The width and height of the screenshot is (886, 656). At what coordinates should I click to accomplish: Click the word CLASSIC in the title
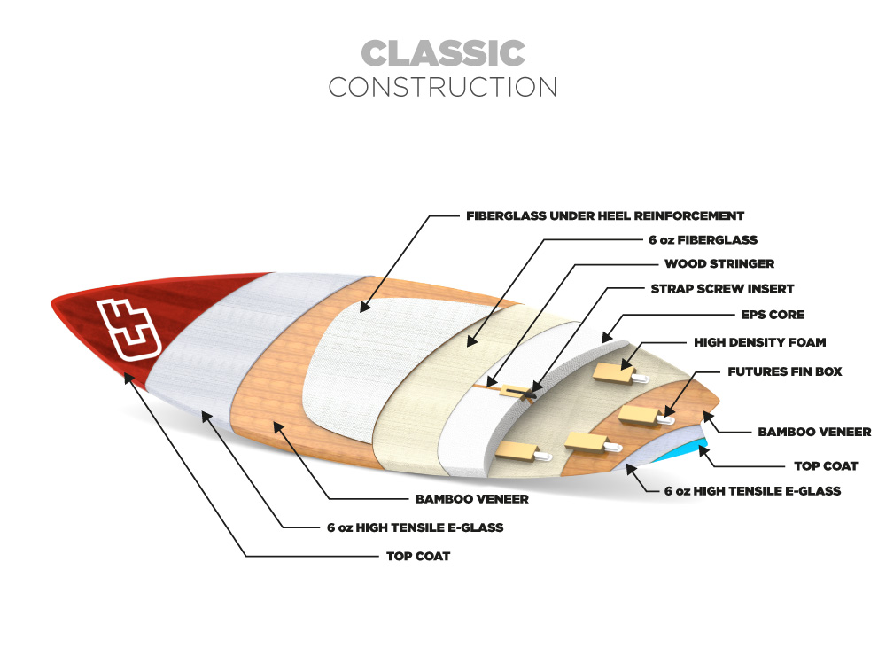[443, 52]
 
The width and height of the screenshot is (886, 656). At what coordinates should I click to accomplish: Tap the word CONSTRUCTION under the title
[443, 87]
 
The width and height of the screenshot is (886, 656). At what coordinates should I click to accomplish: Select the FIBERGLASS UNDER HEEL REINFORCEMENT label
[604, 215]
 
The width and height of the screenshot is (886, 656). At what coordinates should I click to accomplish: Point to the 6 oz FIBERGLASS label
[703, 239]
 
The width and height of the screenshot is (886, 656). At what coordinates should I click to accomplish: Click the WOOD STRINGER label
[719, 263]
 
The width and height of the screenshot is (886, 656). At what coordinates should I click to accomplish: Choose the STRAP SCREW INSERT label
[722, 288]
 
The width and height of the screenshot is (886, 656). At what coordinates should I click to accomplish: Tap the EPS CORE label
[773, 315]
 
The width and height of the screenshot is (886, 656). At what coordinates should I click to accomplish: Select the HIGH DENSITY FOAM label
[760, 342]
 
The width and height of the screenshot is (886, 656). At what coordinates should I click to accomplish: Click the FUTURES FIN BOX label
[785, 371]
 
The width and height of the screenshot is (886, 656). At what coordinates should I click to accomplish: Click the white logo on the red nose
[128, 329]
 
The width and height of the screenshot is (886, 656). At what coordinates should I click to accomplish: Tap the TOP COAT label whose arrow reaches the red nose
[418, 556]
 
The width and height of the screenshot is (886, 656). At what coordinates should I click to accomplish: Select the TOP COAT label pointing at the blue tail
[826, 466]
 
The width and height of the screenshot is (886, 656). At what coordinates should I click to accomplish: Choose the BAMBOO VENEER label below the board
[472, 499]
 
